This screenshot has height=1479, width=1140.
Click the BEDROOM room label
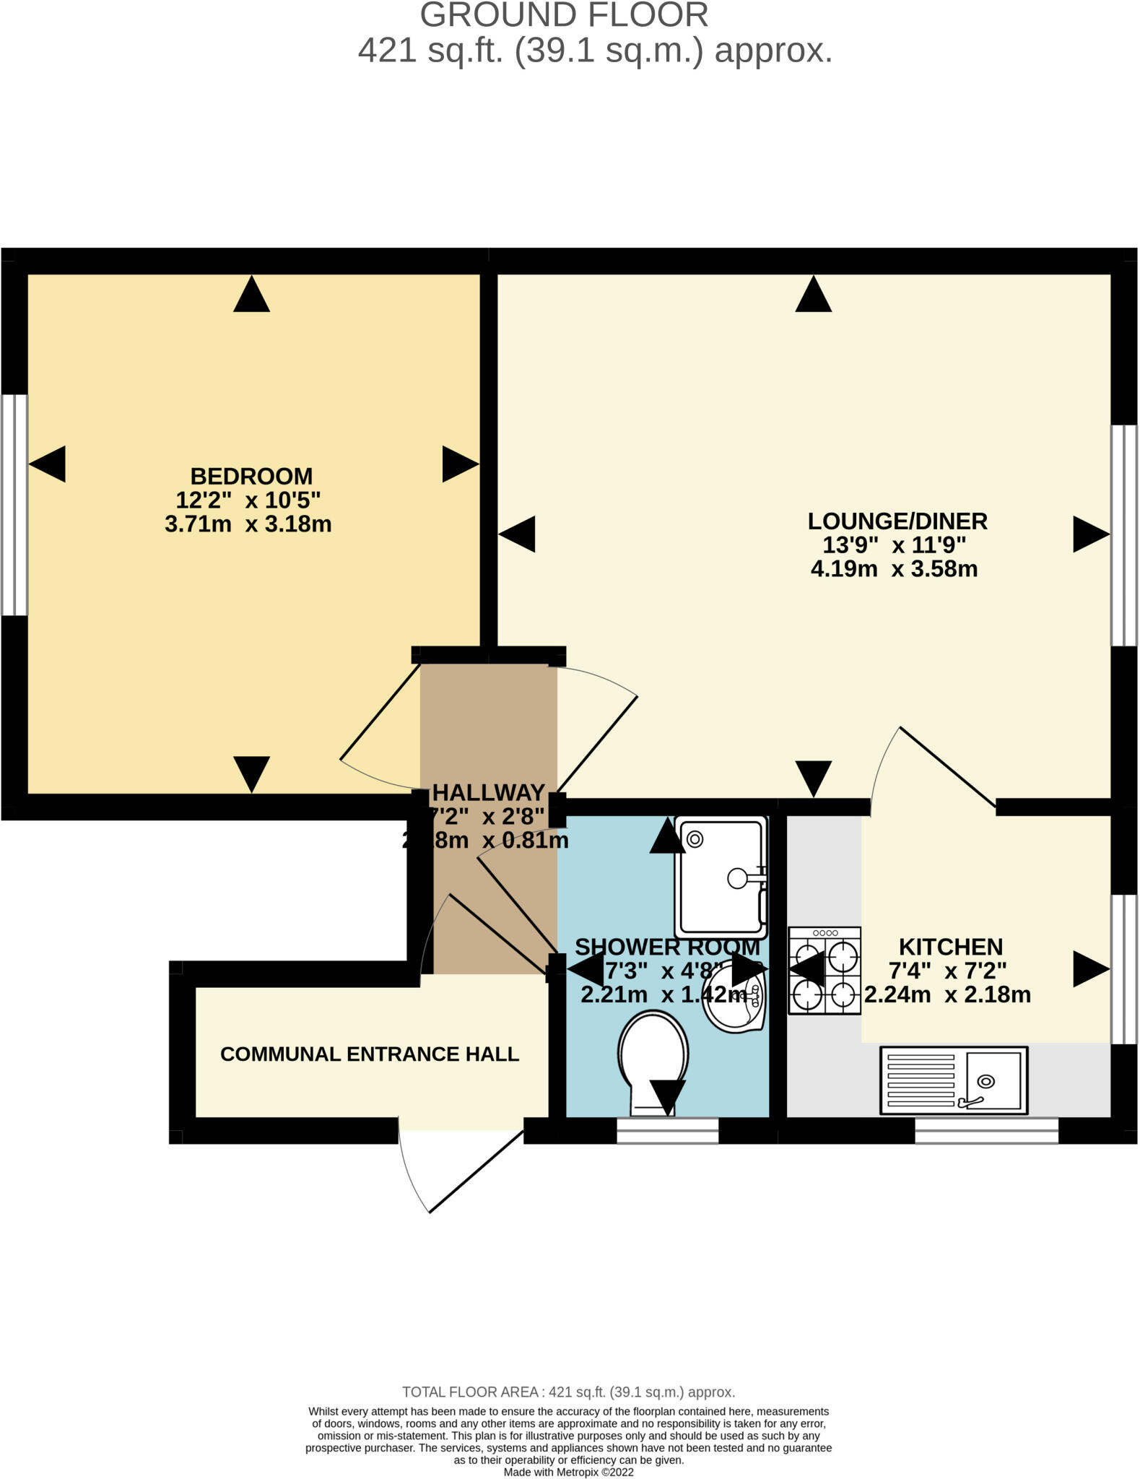click(251, 477)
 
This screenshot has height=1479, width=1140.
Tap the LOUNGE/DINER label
click(897, 521)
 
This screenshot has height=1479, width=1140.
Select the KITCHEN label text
click(950, 947)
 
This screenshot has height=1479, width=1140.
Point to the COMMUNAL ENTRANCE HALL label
click(369, 1054)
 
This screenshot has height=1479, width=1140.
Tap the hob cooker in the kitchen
click(824, 971)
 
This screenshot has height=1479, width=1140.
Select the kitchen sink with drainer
click(953, 1080)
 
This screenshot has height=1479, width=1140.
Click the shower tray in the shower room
click(720, 877)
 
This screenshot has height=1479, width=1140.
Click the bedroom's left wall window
click(14, 505)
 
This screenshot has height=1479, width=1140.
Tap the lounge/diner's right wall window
click(1123, 535)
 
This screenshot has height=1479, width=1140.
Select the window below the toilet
click(667, 1131)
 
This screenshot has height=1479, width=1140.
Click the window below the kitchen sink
click(986, 1131)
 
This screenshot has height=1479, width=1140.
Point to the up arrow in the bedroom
click(251, 295)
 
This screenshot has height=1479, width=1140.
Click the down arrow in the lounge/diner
click(813, 778)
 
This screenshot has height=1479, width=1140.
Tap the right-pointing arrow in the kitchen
click(1089, 969)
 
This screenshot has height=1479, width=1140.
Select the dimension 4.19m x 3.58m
click(894, 569)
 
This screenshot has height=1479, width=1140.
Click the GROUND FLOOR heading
click(564, 16)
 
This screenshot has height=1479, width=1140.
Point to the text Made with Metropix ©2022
click(568, 1472)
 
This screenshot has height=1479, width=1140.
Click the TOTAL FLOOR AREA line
click(568, 1392)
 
